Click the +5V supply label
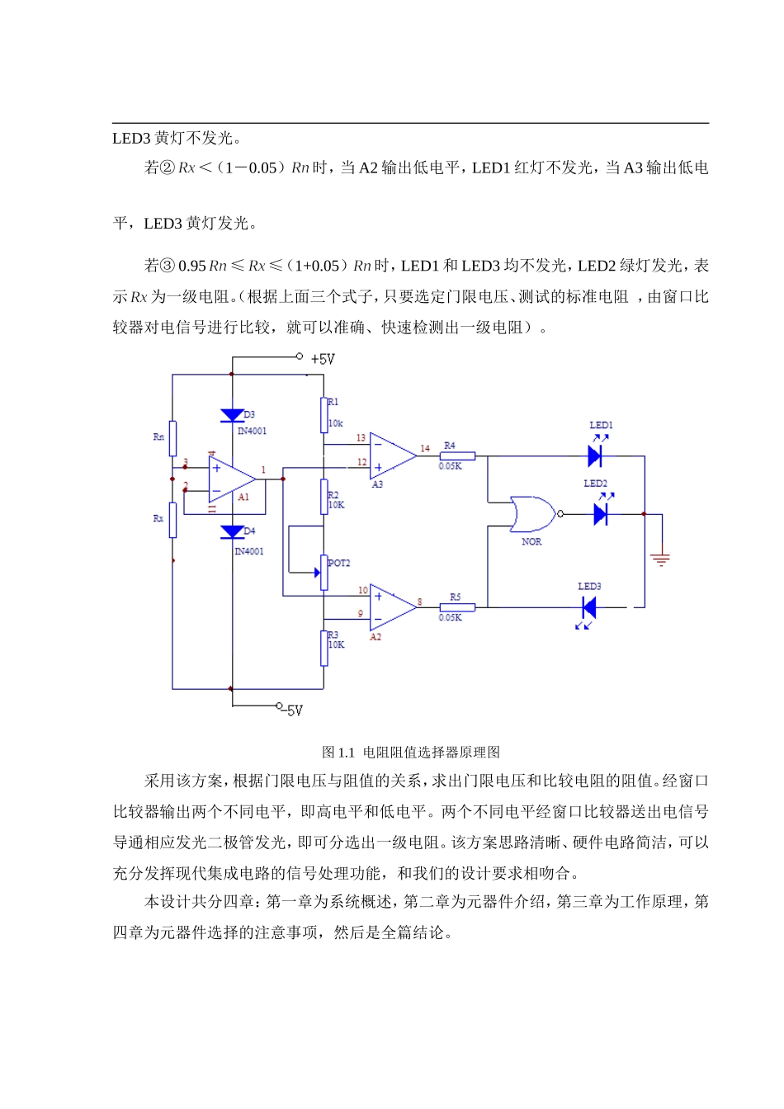pyautogui.click(x=322, y=359)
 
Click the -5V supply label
pyautogui.click(x=293, y=710)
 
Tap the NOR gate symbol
pyautogui.click(x=531, y=514)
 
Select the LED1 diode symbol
pyautogui.click(x=595, y=455)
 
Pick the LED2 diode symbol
pyautogui.click(x=601, y=514)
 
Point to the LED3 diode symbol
pyautogui.click(x=589, y=608)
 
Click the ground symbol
pyautogui.click(x=660, y=559)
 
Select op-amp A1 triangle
pyautogui.click(x=230, y=479)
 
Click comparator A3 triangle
pyautogui.click(x=392, y=455)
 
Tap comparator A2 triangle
pyautogui.click(x=392, y=606)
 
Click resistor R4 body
pyautogui.click(x=457, y=455)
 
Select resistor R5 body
pyautogui.click(x=457, y=607)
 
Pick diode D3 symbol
pyautogui.click(x=232, y=416)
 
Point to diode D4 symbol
pyautogui.click(x=232, y=532)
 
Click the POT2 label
pyautogui.click(x=339, y=563)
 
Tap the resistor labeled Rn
pyautogui.click(x=172, y=438)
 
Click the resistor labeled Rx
pyautogui.click(x=172, y=520)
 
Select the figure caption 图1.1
pyautogui.click(x=410, y=752)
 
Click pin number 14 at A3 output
pyautogui.click(x=425, y=448)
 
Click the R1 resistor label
pyautogui.click(x=333, y=402)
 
